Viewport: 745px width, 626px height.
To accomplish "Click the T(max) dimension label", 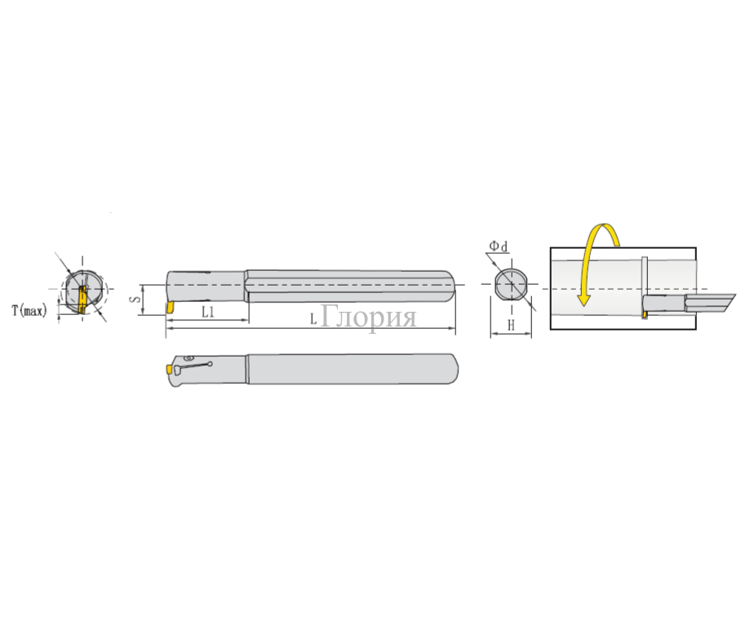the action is [29, 311].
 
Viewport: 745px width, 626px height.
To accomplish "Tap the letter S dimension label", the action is [135, 300].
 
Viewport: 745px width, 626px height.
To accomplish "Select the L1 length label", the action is [208, 312].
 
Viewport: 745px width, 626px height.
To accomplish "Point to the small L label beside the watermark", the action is [313, 319].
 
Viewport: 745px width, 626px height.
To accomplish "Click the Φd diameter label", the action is [499, 246].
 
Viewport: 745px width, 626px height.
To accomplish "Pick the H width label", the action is [512, 326].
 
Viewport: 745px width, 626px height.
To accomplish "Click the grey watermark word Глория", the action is [369, 317].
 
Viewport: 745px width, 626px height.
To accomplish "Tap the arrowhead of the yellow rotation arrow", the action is [583, 299].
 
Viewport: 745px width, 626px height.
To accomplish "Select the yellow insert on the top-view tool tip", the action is [169, 370].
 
